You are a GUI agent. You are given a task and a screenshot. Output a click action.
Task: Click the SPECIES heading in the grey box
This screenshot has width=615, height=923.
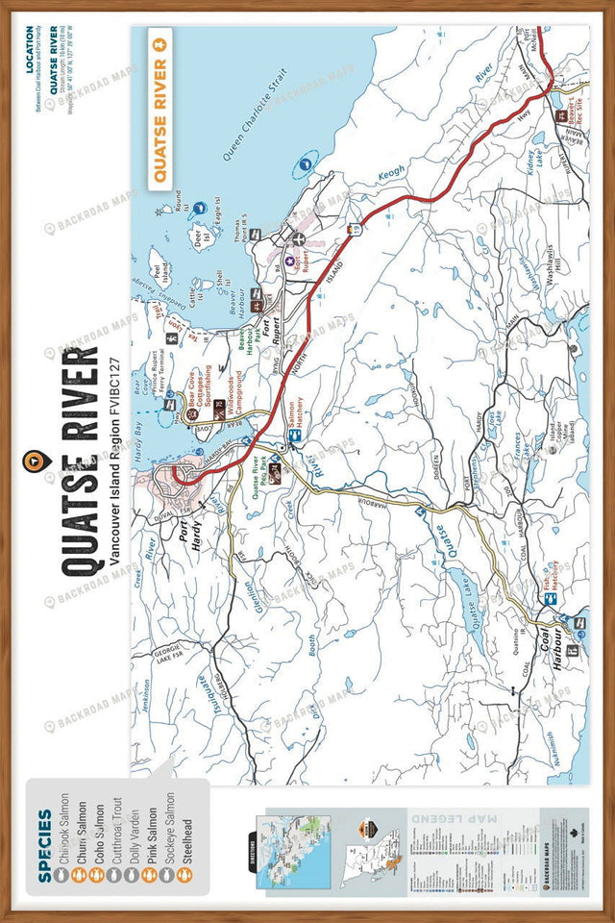pyautogui.click(x=45, y=832)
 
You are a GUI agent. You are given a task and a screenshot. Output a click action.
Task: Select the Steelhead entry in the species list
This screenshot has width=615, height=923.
pyautogui.click(x=184, y=833)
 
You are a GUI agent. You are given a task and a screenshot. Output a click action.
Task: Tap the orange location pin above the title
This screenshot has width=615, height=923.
pyautogui.click(x=37, y=459)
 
